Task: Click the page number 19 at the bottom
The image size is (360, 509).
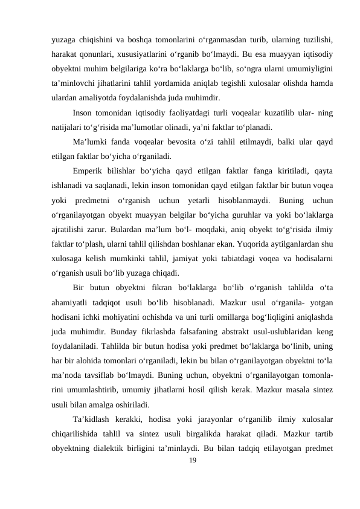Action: [192, 478]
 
